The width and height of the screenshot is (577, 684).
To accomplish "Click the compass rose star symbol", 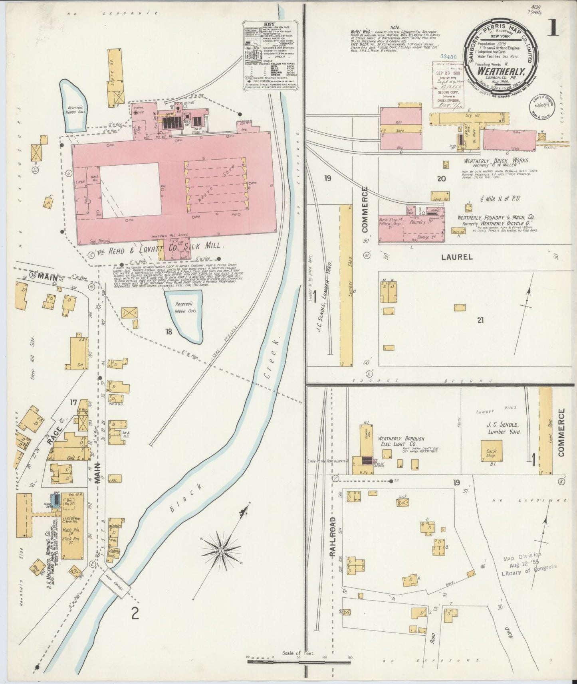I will [x=221, y=551].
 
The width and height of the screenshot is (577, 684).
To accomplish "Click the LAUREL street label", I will [x=456, y=257].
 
